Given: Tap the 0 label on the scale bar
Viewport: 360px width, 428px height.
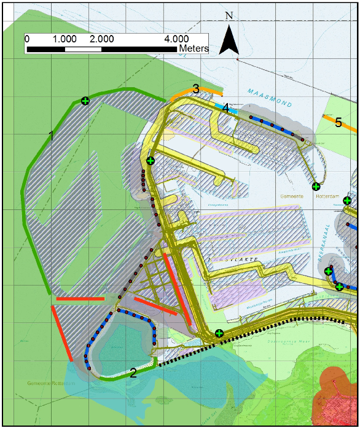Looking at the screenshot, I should tap(27, 38).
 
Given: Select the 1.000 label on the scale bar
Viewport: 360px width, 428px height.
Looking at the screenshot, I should tap(65, 38).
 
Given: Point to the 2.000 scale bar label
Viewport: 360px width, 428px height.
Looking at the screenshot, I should tap(102, 38).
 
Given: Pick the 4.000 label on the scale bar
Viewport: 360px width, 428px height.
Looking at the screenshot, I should tap(176, 38).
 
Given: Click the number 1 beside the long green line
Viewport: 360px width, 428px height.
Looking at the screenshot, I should tap(52, 135).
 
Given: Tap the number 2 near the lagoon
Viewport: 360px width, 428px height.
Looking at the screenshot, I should tap(133, 373).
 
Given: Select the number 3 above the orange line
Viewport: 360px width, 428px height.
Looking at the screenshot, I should tap(195, 89).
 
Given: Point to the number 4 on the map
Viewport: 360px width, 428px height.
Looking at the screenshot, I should tap(226, 109).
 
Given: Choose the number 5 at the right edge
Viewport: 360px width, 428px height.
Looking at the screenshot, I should tap(338, 123).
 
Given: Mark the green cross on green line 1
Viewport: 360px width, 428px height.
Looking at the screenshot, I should tap(85, 101).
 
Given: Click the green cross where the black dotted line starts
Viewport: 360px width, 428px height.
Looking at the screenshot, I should tap(219, 333).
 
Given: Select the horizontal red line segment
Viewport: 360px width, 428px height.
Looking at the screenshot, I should tap(80, 299).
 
